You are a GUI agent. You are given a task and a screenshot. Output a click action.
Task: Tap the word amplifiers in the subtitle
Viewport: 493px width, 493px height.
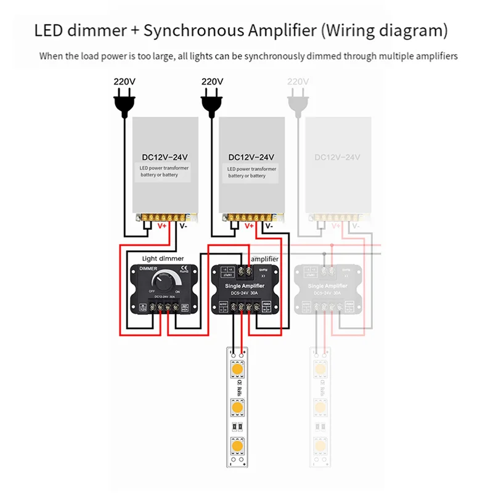436,57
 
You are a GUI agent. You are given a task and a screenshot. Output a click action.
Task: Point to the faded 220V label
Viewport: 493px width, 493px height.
298,81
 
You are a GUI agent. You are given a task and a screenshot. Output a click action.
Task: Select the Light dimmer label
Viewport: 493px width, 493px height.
163,259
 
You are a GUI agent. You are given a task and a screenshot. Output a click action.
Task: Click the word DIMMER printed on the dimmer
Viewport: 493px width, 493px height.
148,270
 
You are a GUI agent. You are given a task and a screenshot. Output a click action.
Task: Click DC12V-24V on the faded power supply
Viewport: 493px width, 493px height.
337,157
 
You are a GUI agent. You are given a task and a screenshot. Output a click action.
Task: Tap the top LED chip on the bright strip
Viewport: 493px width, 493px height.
236,369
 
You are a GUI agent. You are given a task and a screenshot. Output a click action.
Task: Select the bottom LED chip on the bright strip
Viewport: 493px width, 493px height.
236,445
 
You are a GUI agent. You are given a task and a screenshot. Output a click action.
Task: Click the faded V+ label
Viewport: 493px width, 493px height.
336,226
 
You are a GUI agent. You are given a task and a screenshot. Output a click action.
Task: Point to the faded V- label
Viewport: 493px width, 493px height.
356,226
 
